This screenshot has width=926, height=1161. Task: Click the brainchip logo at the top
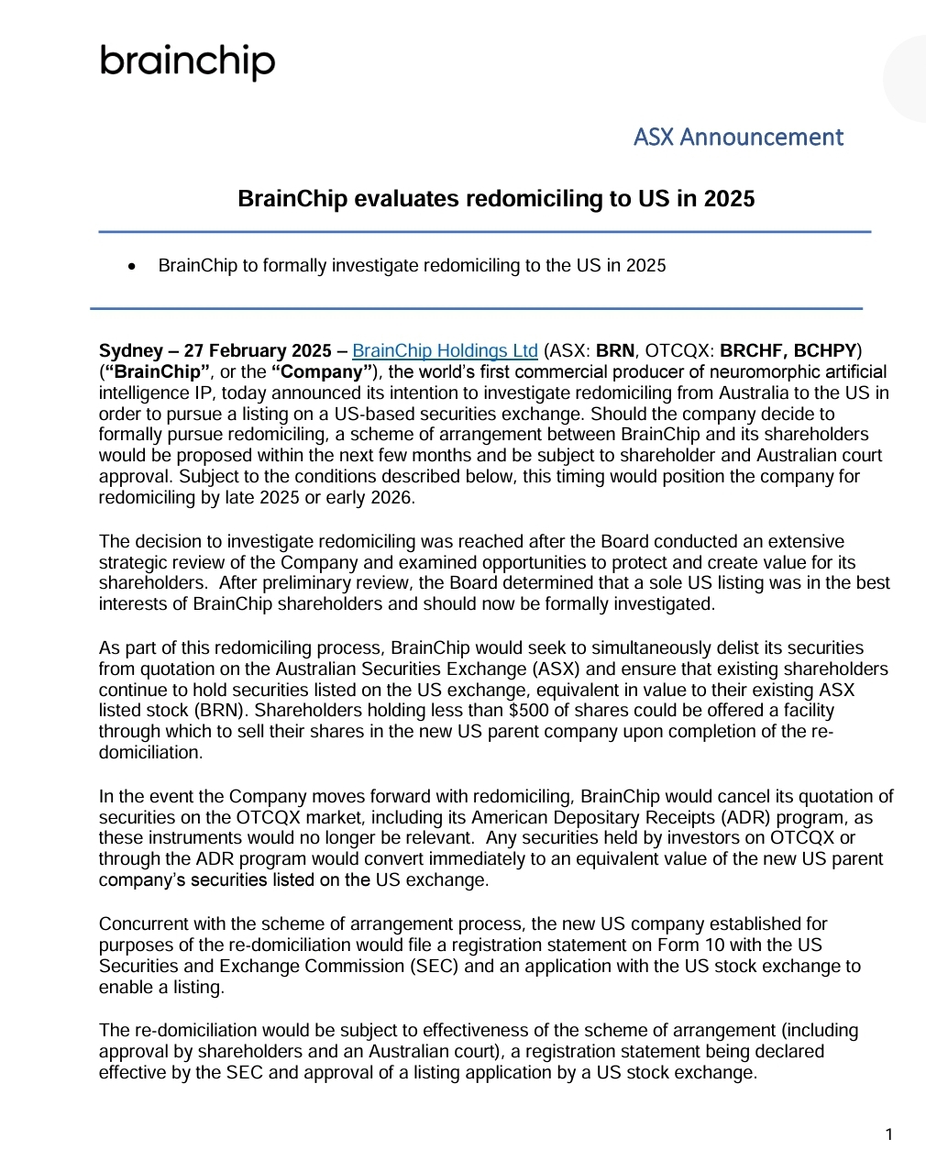click(x=187, y=61)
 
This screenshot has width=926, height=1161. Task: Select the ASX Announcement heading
click(x=738, y=138)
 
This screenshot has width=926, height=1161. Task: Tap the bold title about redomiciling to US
click(x=496, y=199)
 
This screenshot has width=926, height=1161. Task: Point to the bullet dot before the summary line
click(x=134, y=267)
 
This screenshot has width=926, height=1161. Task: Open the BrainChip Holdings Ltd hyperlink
click(x=445, y=351)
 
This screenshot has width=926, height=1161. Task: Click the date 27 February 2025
click(x=258, y=351)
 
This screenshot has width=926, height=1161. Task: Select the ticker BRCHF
click(x=753, y=351)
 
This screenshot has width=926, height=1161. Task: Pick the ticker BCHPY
click(x=825, y=351)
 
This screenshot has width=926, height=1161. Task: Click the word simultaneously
click(x=623, y=648)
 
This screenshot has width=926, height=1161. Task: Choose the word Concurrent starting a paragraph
click(x=142, y=924)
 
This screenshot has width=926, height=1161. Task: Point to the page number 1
click(x=888, y=1135)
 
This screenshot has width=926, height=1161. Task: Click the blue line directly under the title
click(x=484, y=232)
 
